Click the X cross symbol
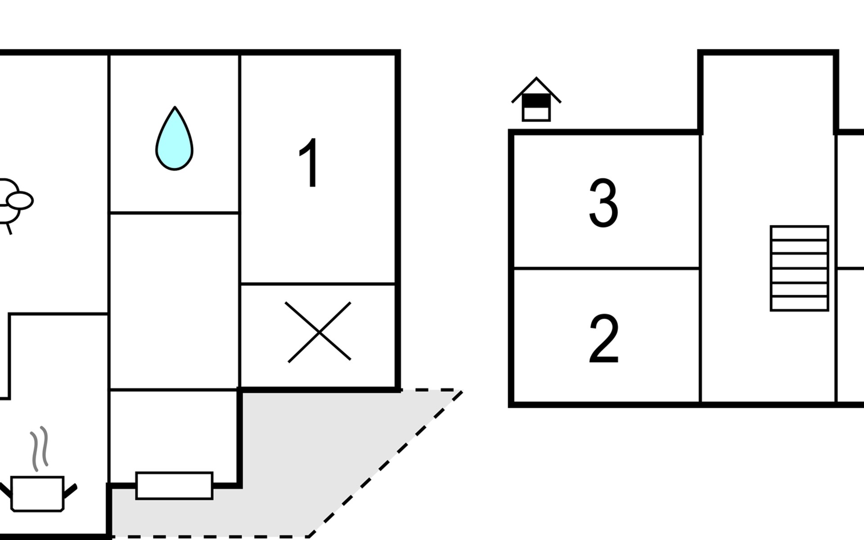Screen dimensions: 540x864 tap(319, 332)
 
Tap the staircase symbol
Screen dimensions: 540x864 tap(799, 268)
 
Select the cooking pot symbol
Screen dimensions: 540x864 tap(38, 493)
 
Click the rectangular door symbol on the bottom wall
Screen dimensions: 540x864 tap(174, 486)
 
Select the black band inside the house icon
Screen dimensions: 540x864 tap(536, 101)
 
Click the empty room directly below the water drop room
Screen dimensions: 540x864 tap(174, 301)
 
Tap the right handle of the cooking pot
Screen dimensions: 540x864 tap(71, 490)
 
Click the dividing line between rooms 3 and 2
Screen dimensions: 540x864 tap(607, 269)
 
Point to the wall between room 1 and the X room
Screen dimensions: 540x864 tap(318, 284)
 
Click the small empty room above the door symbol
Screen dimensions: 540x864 tap(174, 430)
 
